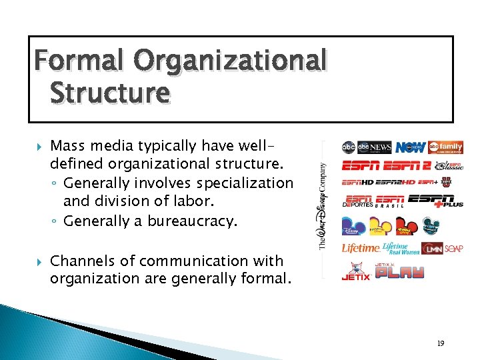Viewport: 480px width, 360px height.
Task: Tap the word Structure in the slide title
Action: pyautogui.click(x=109, y=93)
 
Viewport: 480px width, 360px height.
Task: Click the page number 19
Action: pyautogui.click(x=441, y=343)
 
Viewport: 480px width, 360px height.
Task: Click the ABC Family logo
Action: pyautogui.click(x=445, y=147)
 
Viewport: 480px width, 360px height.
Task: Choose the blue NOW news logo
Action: pyautogui.click(x=410, y=147)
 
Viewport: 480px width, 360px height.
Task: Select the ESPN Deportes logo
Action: pyautogui.click(x=358, y=201)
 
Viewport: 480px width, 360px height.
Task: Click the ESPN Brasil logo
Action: pyautogui.click(x=391, y=201)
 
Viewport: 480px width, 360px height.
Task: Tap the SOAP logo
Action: pyautogui.click(x=455, y=248)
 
